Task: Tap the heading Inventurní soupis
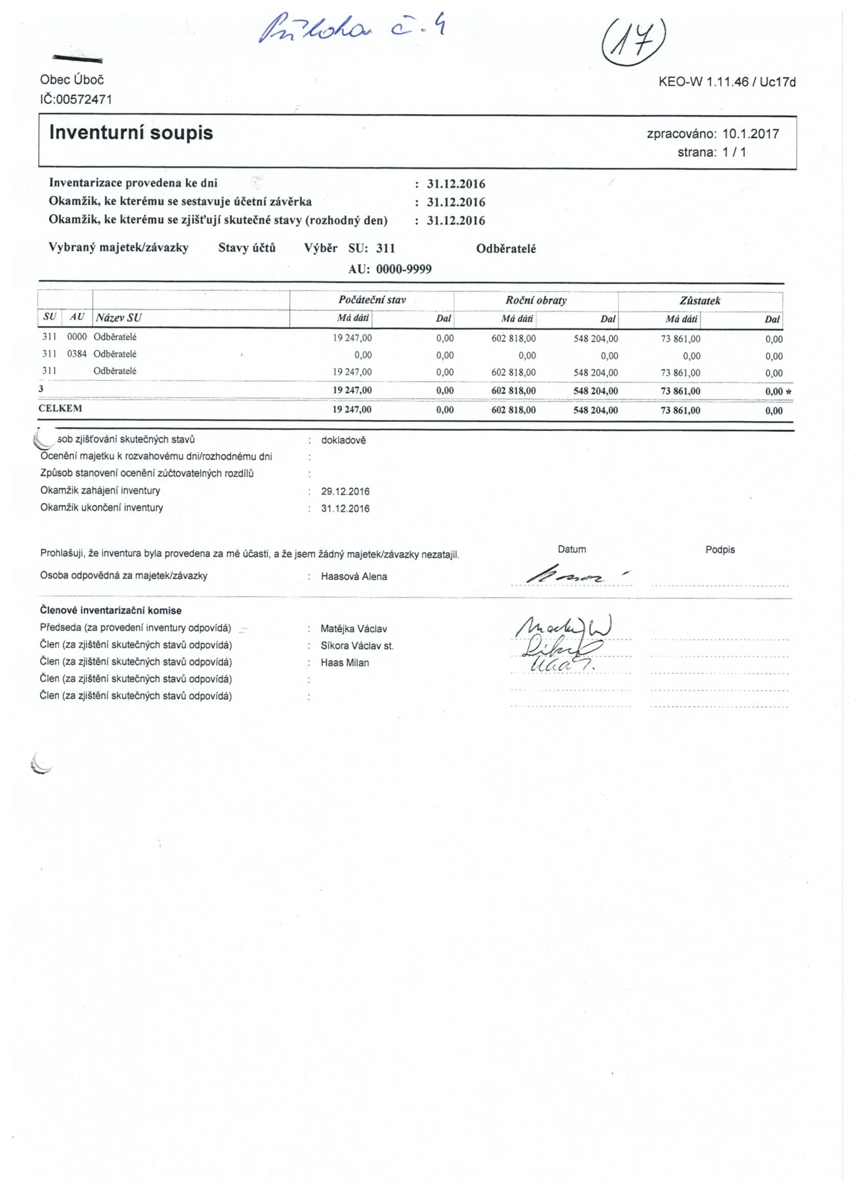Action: [131, 133]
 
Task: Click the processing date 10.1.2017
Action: [751, 134]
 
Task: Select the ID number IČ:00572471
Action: [76, 100]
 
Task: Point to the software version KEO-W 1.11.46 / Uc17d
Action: [727, 82]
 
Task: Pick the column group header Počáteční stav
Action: [372, 301]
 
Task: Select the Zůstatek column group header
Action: [700, 301]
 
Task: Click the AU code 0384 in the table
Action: [77, 354]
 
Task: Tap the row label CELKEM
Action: [61, 409]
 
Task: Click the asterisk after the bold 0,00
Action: [788, 392]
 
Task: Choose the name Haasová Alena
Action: [354, 577]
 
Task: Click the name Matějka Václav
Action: [354, 629]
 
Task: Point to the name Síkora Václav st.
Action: [357, 646]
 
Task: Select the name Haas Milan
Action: [345, 663]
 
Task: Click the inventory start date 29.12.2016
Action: [345, 492]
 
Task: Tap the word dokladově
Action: [343, 441]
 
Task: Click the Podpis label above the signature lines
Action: [719, 550]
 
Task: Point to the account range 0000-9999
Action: [404, 270]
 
